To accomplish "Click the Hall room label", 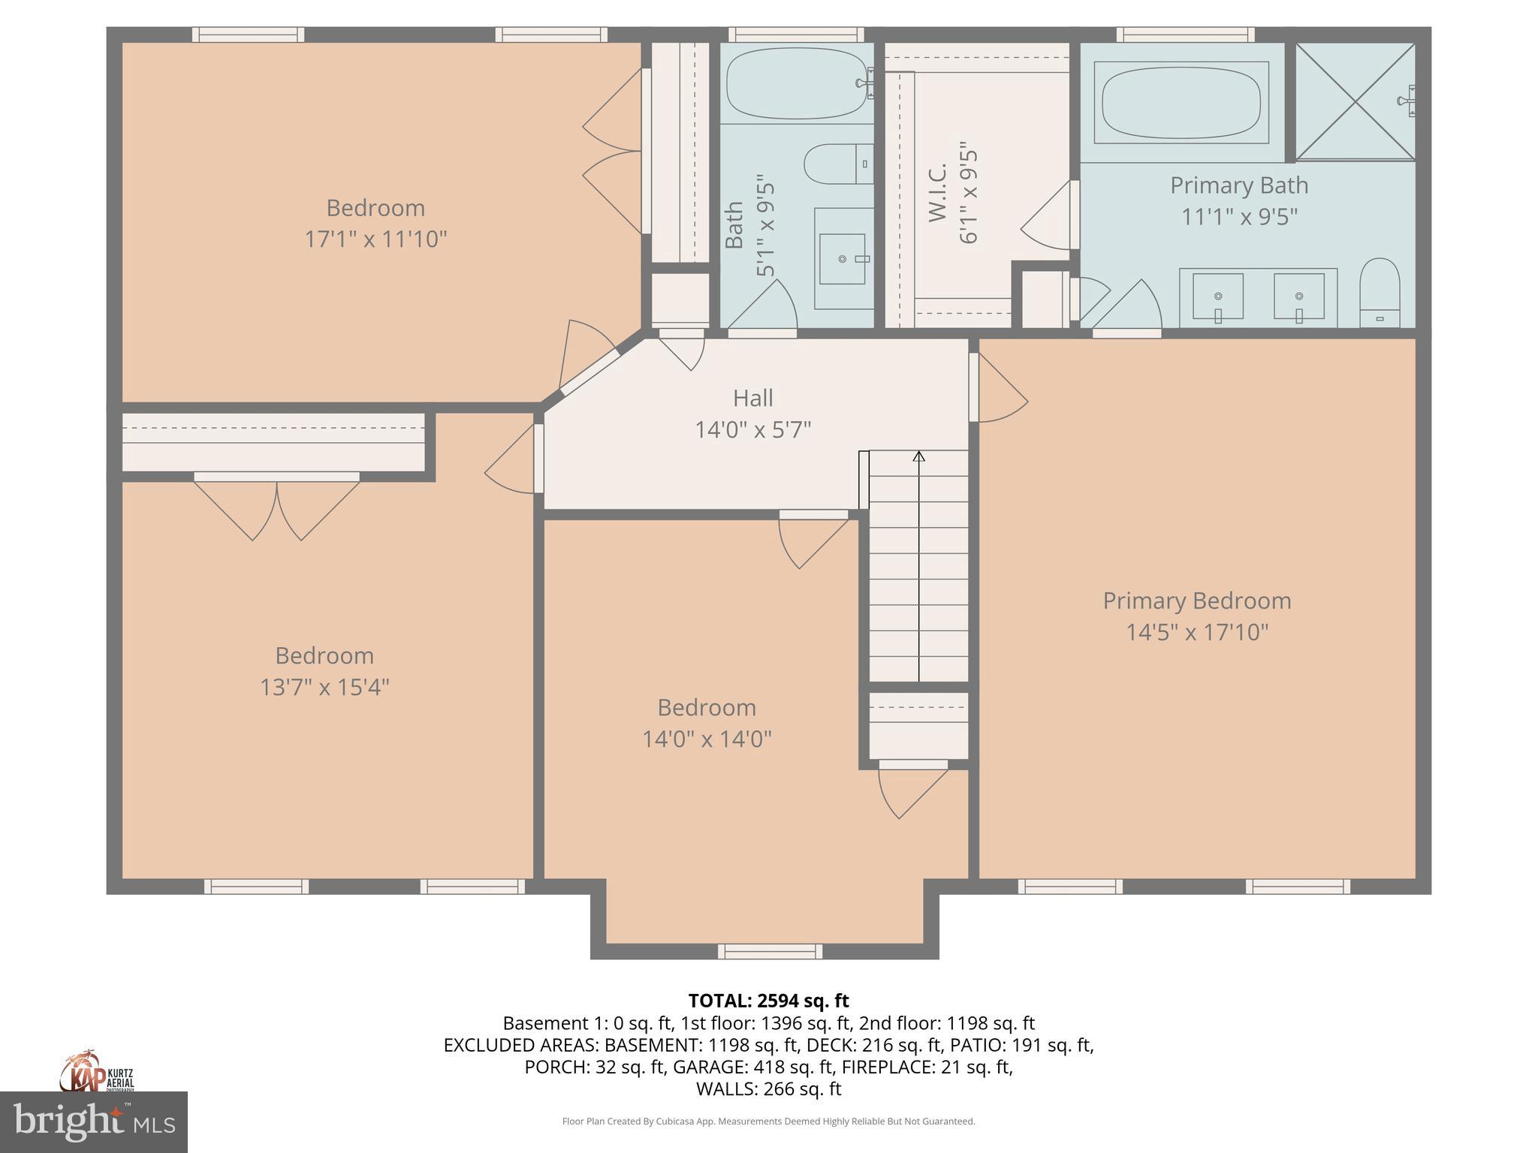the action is coord(752,398).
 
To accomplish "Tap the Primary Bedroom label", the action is coord(1197,601).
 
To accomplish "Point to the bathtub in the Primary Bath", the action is coord(1181,102).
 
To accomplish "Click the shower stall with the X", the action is coord(1356,101).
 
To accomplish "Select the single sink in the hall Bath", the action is coord(843,259).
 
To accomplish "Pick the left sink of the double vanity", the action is coord(1218,297).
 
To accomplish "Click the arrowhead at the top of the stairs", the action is coord(918,456).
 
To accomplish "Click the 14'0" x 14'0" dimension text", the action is coord(707,739).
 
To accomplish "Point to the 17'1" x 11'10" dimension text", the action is coord(375,239).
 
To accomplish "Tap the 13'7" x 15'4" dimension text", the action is coord(324,687).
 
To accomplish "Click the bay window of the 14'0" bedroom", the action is coord(770,952).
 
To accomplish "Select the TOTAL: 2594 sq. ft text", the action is coord(768,1001).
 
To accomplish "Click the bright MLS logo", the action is coord(94,1122).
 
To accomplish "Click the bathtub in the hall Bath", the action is coord(797,83).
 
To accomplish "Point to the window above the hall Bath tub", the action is coord(796,35).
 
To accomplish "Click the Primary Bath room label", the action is coord(1239,185).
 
